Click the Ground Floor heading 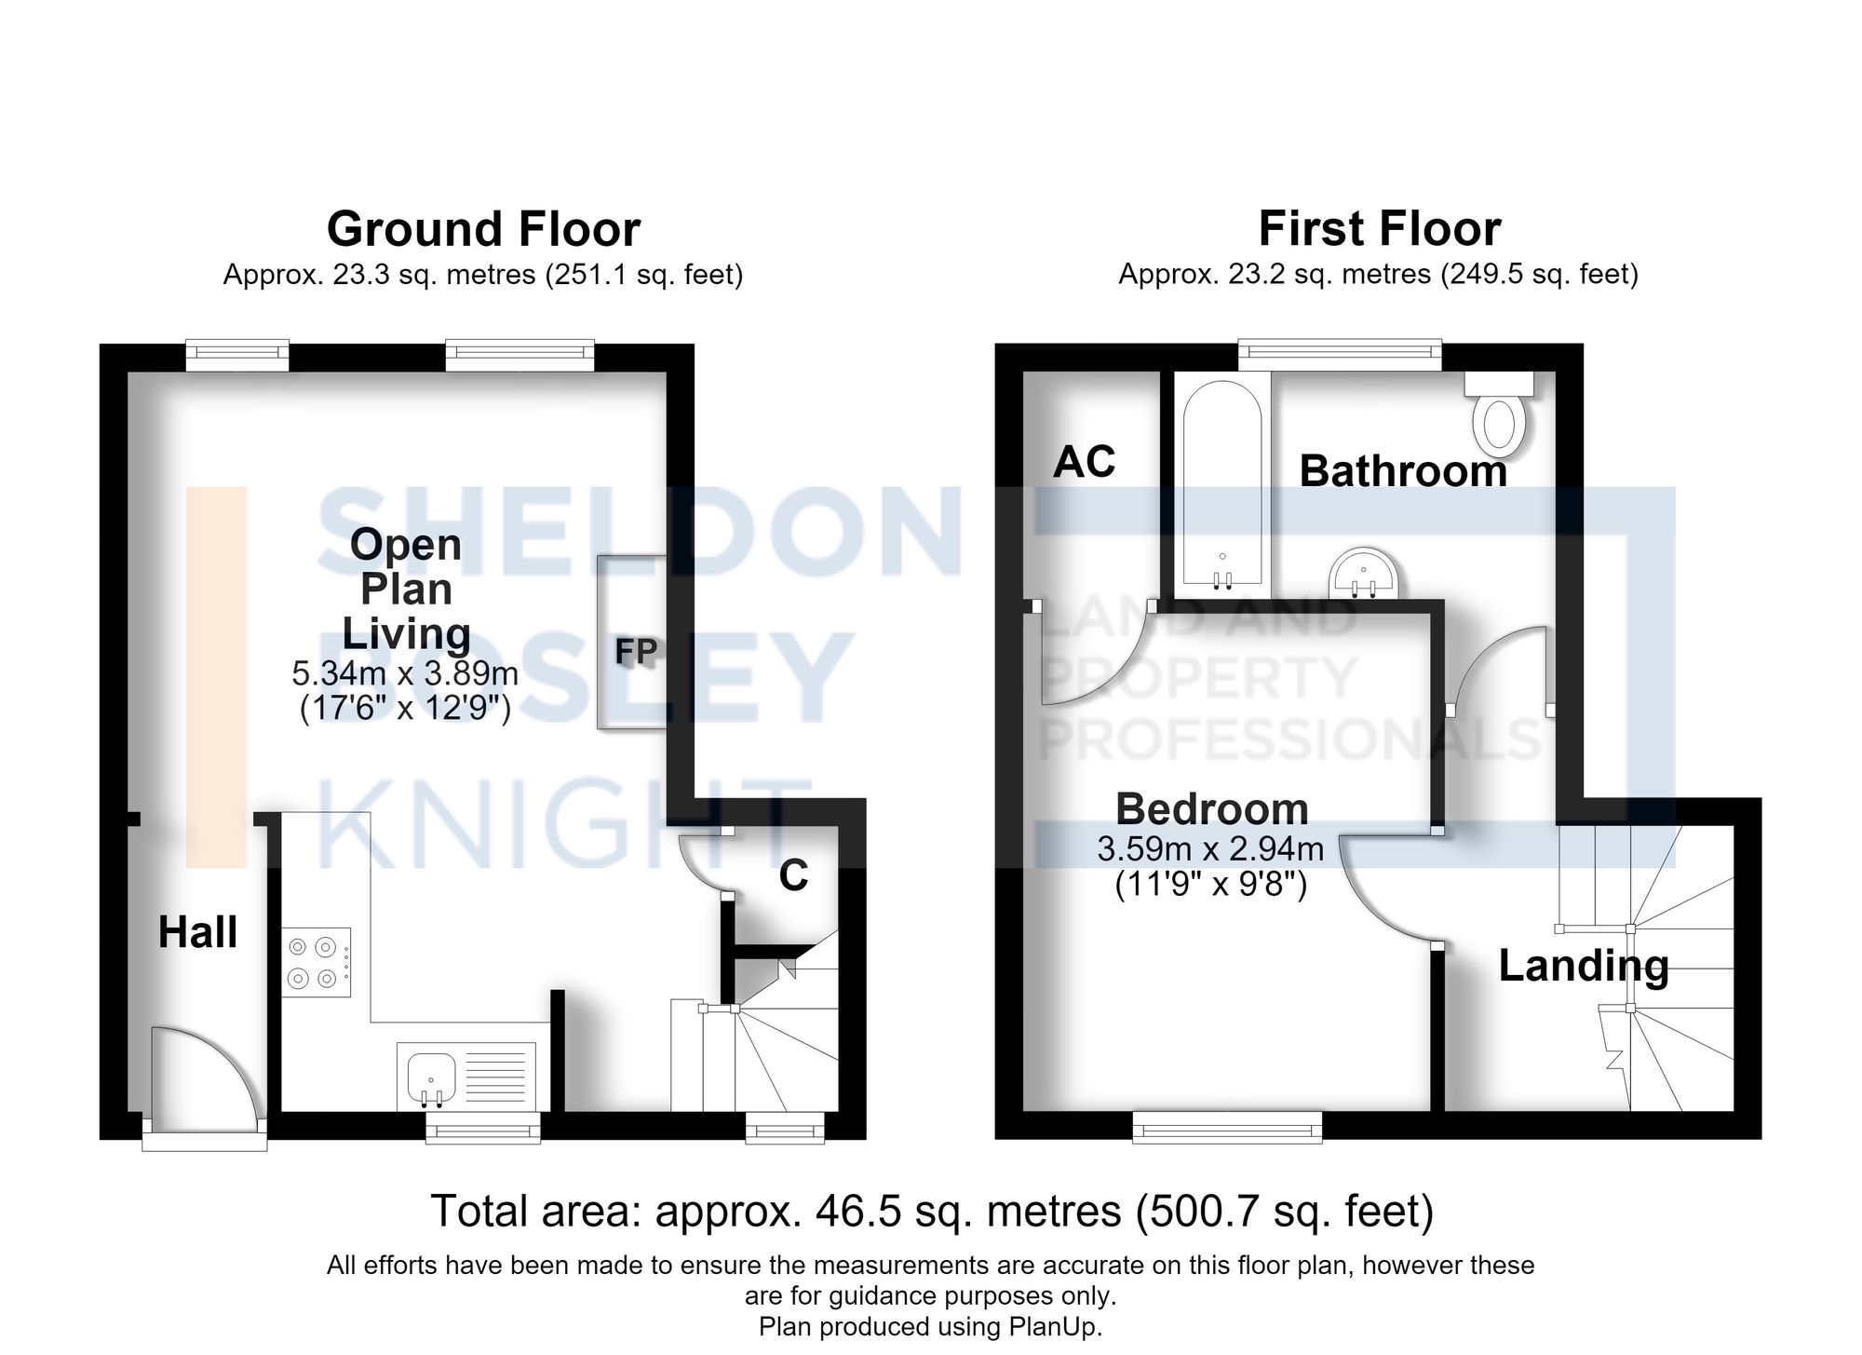point(483,229)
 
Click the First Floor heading point(1380,229)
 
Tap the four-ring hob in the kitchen point(317,963)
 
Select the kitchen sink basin point(431,1078)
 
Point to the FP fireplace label point(637,651)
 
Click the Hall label point(197,932)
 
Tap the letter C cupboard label point(793,875)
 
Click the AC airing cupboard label point(1085,462)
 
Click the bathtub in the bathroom point(1222,484)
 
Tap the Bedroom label point(1212,809)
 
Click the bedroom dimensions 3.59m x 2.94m point(1210,849)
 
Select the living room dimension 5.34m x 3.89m point(405,672)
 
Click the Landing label point(1584,967)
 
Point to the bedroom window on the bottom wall point(1227,1126)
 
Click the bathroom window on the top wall point(1340,357)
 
